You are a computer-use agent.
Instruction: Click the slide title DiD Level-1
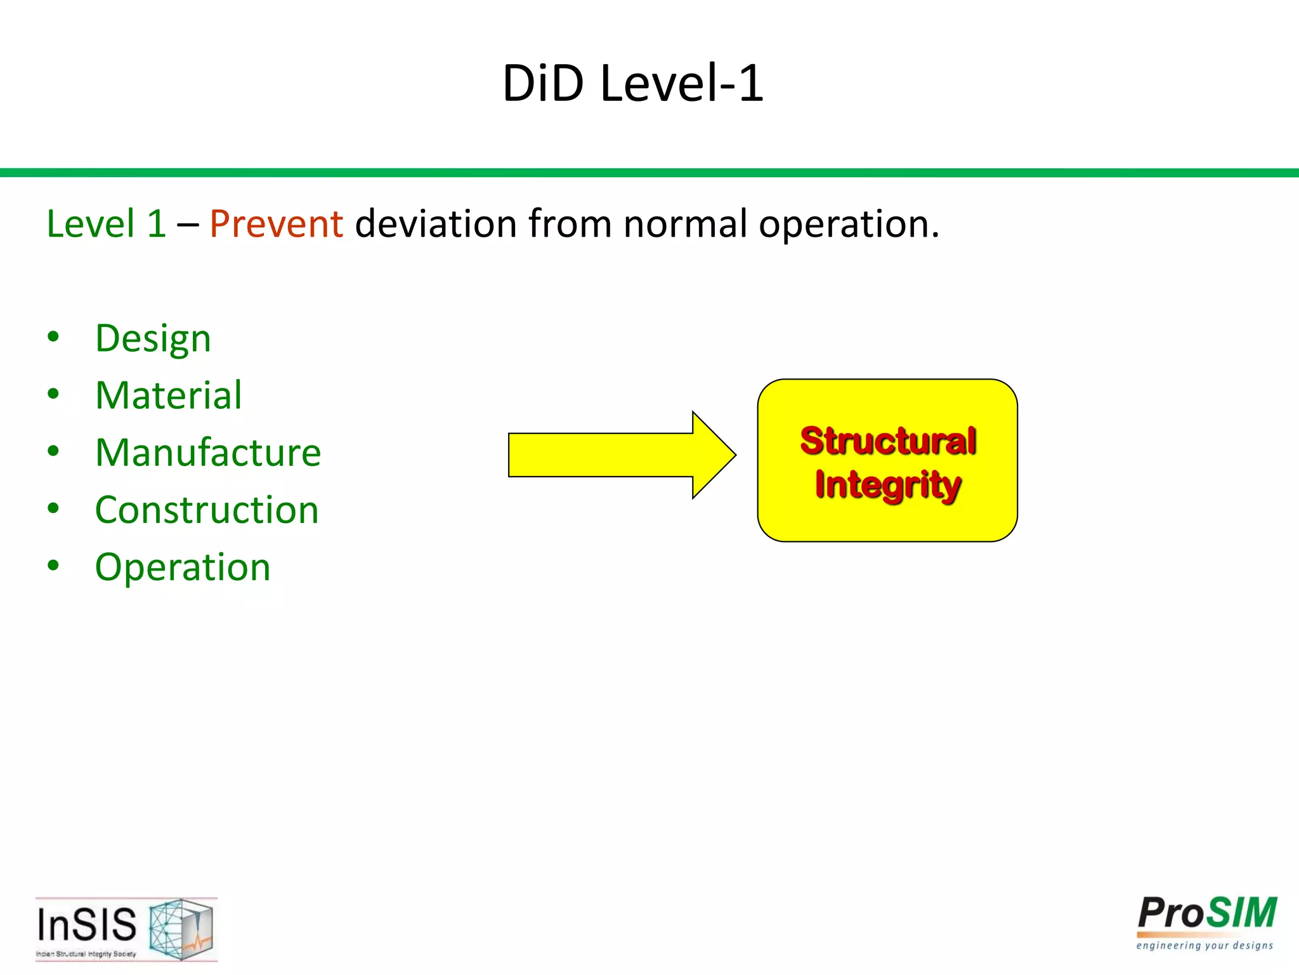tap(633, 83)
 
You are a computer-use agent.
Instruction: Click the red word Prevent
tap(276, 224)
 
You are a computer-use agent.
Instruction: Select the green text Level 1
tap(106, 224)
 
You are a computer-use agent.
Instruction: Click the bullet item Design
tap(153, 338)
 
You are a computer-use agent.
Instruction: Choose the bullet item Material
tap(169, 395)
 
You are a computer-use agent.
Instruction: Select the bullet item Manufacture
tap(208, 453)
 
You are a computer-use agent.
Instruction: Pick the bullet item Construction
tap(207, 510)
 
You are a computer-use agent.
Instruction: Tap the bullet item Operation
tap(183, 567)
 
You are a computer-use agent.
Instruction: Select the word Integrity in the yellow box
tap(887, 485)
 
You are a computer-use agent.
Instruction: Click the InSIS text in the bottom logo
tap(87, 924)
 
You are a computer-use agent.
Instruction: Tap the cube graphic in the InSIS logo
tap(181, 928)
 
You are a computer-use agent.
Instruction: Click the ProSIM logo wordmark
tap(1206, 914)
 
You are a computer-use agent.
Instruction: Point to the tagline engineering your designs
tap(1204, 946)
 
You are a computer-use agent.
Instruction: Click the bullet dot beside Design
tap(53, 336)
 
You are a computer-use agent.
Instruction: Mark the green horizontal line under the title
tap(649, 173)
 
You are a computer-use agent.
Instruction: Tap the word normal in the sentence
tap(685, 224)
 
